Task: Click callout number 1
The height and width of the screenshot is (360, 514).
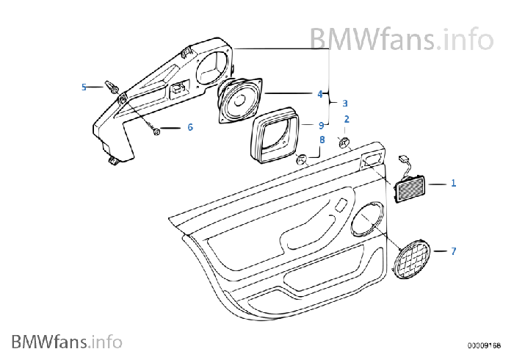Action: [453, 182]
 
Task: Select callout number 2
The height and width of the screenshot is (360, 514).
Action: [347, 119]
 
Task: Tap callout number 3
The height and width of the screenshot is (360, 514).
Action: [344, 104]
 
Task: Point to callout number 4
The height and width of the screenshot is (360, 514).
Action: [319, 94]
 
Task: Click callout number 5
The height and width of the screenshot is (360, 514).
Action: [84, 87]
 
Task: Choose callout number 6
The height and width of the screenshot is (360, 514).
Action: [190, 127]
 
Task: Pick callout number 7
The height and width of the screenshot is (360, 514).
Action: [453, 251]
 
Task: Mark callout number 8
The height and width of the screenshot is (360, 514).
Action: [322, 139]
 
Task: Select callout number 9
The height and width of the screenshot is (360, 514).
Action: [321, 125]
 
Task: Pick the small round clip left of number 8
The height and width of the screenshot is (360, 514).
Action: [301, 159]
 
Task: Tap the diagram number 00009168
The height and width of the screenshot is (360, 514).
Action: [485, 344]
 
